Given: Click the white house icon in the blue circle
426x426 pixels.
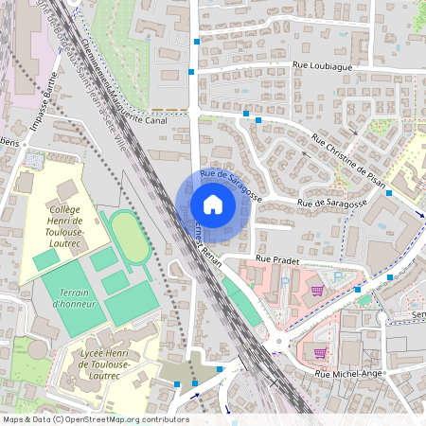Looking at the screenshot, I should [212, 204].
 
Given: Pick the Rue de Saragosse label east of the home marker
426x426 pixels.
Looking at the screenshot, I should [331, 204].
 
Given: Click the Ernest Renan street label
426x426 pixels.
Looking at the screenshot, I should [206, 244].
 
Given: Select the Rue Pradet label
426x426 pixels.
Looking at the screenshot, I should [277, 257].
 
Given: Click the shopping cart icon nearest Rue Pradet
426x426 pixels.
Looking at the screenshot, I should [317, 291].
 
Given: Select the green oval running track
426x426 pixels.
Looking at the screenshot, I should [124, 235].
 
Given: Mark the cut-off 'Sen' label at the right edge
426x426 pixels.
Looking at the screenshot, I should [417, 314].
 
